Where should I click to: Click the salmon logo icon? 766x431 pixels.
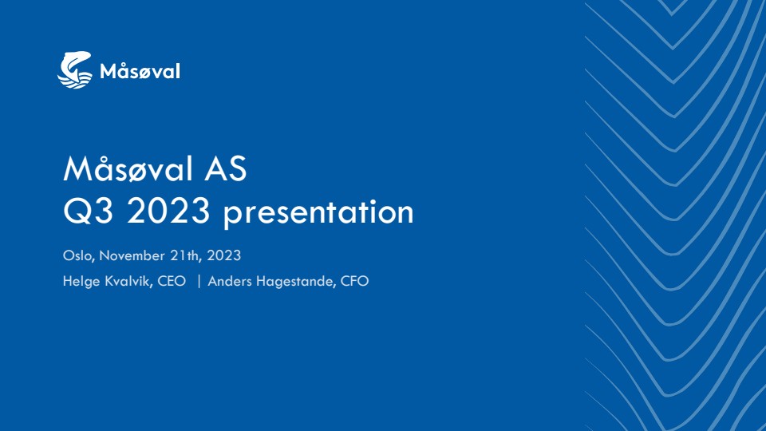[75, 70]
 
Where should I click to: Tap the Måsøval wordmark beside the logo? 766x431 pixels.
[140, 71]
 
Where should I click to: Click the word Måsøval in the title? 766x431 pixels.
[128, 168]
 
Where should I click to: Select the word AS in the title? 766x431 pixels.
[226, 169]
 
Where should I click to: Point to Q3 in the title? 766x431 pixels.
[89, 211]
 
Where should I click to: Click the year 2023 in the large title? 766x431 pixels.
[168, 211]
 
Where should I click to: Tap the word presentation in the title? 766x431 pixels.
[318, 212]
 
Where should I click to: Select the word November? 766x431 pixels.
[132, 255]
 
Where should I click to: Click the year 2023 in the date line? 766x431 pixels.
[223, 255]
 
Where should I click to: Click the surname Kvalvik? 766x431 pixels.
[128, 282]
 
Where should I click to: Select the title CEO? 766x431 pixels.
[172, 282]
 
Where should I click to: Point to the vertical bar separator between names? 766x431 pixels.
[199, 282]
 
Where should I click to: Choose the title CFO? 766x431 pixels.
[354, 282]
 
